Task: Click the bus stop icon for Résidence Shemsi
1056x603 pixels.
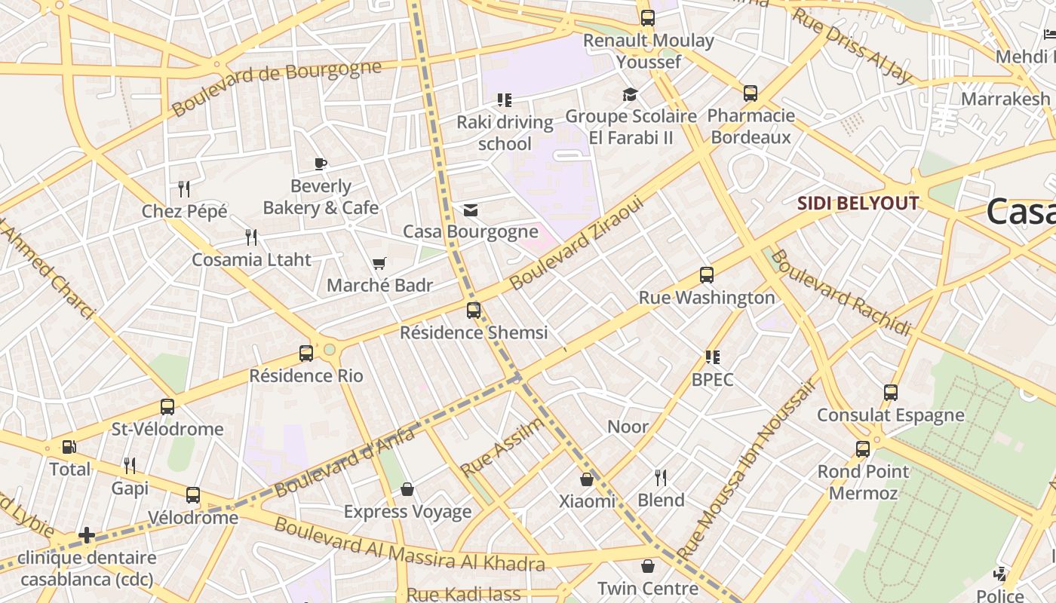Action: coord(474,310)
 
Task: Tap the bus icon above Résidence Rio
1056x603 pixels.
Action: coord(306,353)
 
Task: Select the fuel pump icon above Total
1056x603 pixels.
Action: coord(69,447)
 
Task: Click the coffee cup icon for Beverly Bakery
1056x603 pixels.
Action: coord(321,164)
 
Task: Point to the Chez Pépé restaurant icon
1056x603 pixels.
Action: coord(184,188)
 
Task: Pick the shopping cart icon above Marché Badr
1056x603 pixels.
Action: coord(379,263)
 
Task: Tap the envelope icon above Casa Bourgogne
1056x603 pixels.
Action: coord(471,210)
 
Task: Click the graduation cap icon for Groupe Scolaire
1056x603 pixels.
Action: coord(630,94)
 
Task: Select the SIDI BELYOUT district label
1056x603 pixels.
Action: coord(858,204)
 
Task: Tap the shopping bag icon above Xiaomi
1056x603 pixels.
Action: coord(587,479)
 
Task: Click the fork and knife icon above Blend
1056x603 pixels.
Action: coord(661,477)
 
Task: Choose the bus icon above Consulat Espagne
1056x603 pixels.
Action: coord(891,393)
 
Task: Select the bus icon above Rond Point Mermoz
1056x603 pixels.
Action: coord(863,449)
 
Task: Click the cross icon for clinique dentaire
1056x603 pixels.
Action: coord(87,535)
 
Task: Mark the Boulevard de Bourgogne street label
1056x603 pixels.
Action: coord(276,88)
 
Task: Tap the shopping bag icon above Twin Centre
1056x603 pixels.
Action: coord(648,566)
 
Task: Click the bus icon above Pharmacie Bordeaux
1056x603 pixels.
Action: coord(751,93)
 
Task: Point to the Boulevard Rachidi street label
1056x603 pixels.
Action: coord(840,292)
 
